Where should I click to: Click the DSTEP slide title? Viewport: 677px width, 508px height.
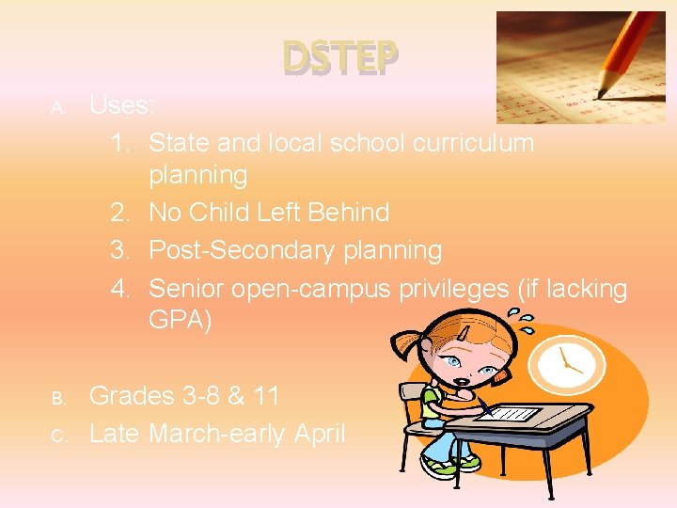coord(340,59)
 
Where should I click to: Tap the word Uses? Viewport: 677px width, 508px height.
coord(119,105)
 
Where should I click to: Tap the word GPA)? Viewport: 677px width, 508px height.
coord(181,321)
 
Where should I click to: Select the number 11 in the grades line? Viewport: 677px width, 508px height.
coord(266,396)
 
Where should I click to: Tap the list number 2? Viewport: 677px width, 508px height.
coord(119,213)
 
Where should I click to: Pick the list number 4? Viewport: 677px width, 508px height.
coord(119,288)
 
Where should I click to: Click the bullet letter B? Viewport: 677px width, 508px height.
coord(57,399)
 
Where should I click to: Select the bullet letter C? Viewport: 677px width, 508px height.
coord(57,437)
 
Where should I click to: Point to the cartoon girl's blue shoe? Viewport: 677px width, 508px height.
coord(440,466)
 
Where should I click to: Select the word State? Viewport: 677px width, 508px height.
coord(181,143)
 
